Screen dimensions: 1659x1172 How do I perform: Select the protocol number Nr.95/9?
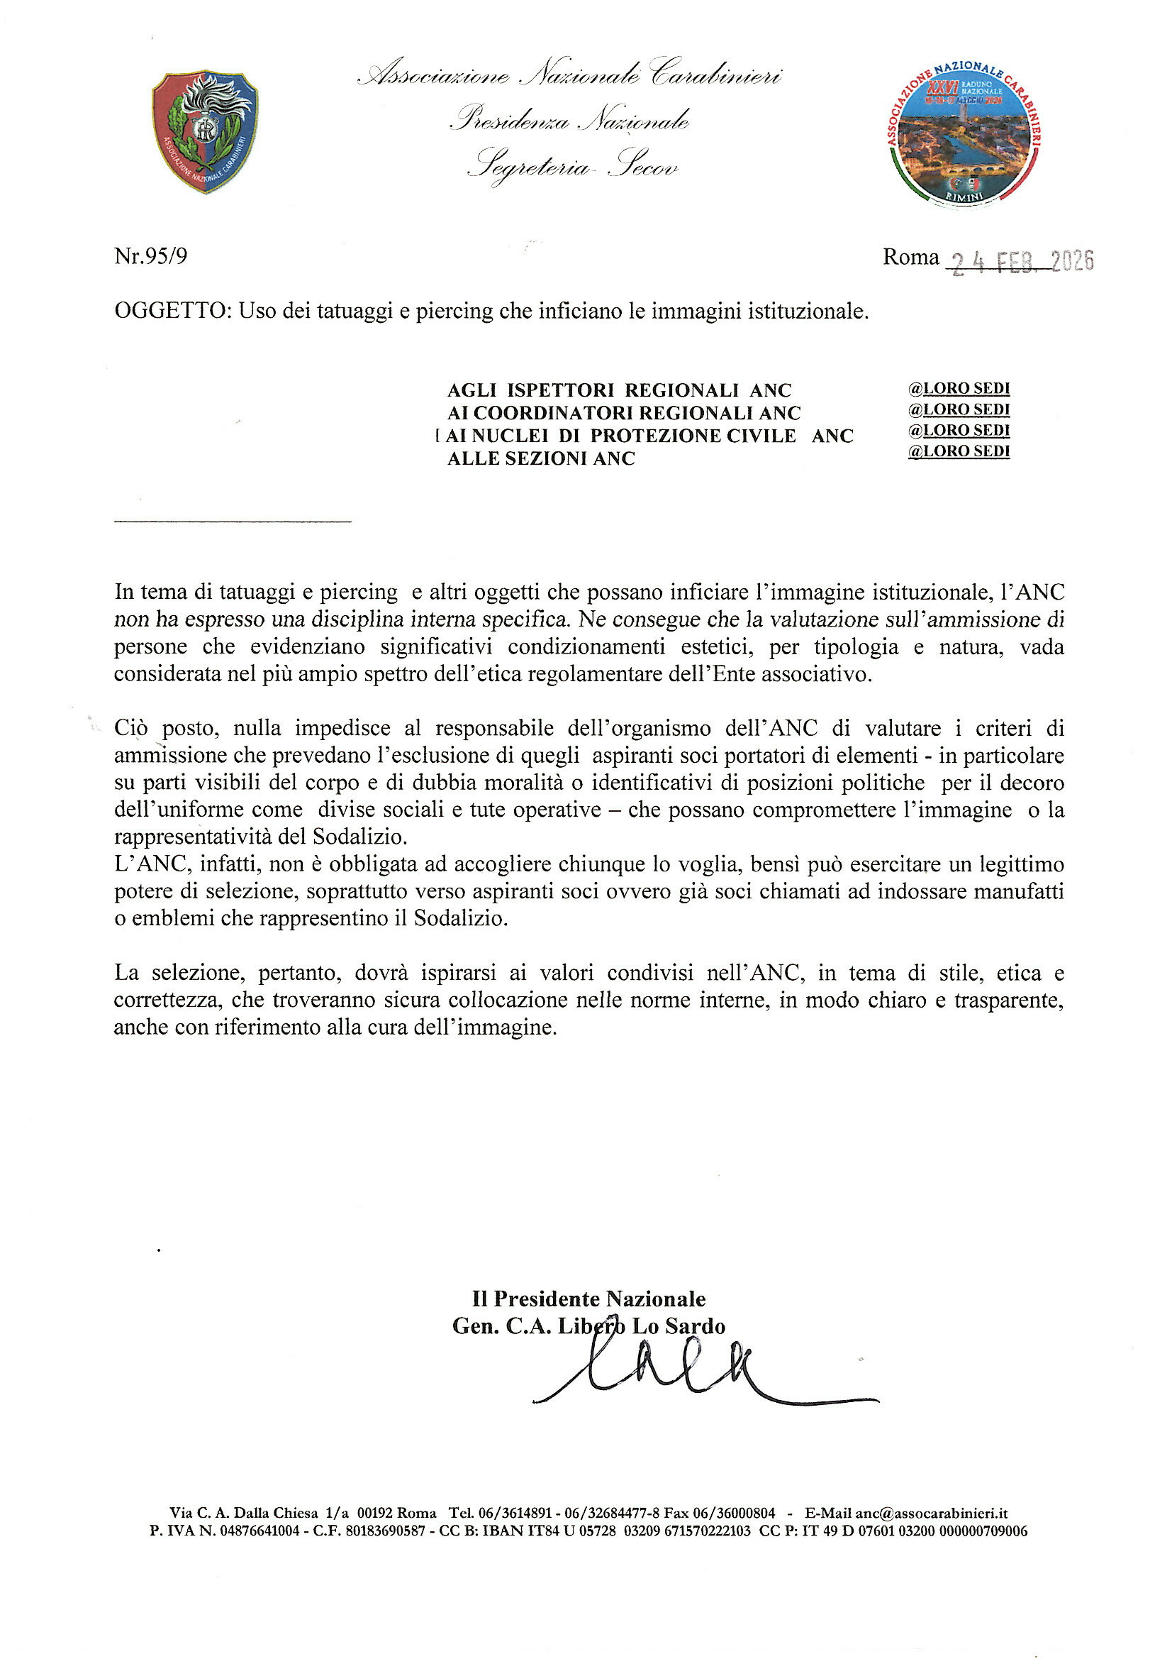click(151, 256)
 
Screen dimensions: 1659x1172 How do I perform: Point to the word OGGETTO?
click(170, 312)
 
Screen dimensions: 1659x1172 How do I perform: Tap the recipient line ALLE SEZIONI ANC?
click(541, 459)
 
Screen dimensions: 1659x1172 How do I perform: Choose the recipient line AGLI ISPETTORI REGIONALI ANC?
click(619, 391)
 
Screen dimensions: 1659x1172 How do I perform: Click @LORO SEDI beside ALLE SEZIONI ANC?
click(959, 451)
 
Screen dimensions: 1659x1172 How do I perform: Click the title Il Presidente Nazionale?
click(588, 1299)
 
